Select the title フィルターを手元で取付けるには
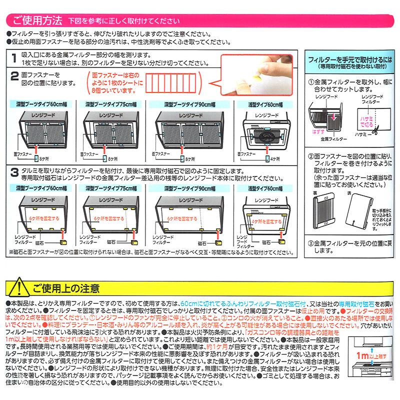[x=349, y=58]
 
